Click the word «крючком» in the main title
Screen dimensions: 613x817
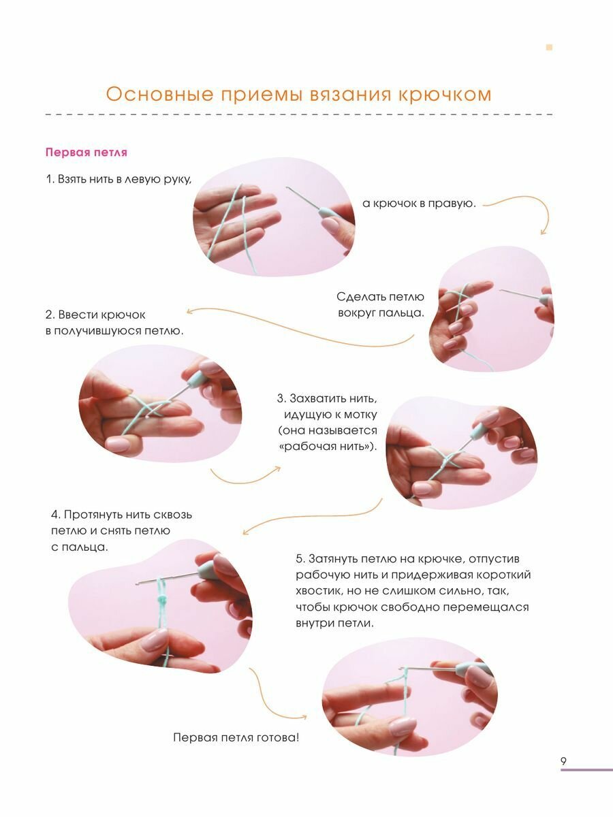(x=445, y=95)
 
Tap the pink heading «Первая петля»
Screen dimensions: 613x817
(x=87, y=153)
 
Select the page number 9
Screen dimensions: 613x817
(x=563, y=761)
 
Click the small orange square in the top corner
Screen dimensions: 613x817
(x=549, y=47)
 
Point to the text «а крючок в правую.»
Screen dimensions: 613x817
(x=419, y=204)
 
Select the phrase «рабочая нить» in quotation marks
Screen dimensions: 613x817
(x=326, y=446)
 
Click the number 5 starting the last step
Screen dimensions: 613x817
(x=300, y=559)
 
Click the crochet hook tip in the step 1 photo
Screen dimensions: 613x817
(x=287, y=189)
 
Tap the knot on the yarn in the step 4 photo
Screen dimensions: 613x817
(x=163, y=599)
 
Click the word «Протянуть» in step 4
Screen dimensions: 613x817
(x=93, y=515)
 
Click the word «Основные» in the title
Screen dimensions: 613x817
(x=159, y=95)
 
